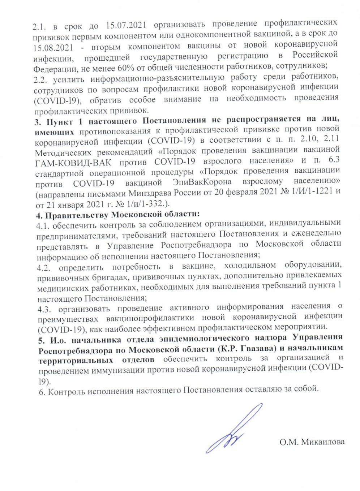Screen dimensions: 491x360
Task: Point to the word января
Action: [x=69, y=204]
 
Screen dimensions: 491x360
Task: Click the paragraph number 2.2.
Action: [x=40, y=79]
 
